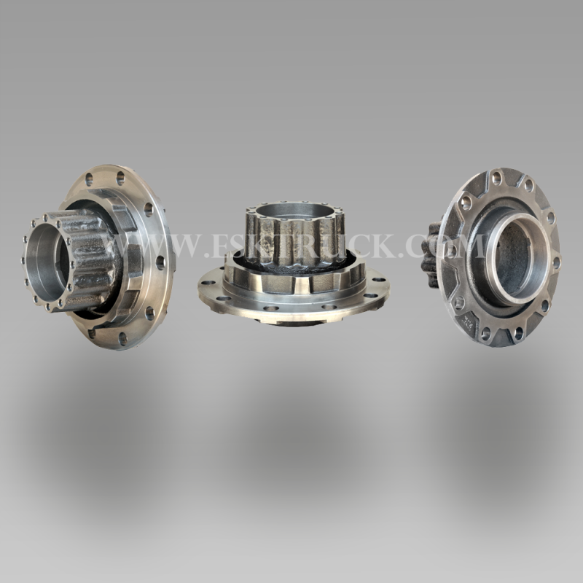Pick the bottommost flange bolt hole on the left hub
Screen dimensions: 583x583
pos(122,338)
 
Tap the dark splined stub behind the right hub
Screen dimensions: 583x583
pos(431,256)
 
